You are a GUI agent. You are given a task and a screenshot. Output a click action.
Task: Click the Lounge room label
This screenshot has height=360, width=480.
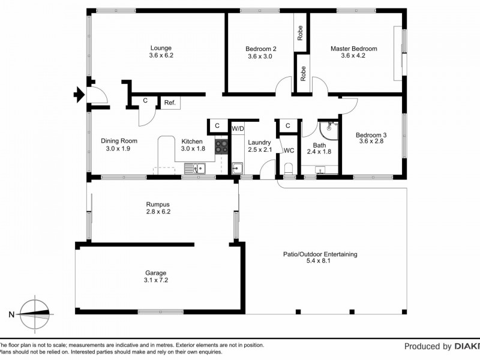click(160, 48)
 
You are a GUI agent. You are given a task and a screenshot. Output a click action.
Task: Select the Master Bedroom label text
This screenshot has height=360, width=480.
click(353, 49)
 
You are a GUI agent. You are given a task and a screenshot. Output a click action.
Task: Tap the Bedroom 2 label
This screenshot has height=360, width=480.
click(260, 49)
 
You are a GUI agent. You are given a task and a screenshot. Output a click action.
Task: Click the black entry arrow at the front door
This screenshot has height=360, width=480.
click(79, 94)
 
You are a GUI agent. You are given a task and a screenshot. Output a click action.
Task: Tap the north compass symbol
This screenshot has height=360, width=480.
click(35, 314)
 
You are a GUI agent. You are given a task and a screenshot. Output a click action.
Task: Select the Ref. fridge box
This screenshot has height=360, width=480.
click(170, 103)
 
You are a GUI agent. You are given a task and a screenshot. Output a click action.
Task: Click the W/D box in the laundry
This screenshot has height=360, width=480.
click(238, 128)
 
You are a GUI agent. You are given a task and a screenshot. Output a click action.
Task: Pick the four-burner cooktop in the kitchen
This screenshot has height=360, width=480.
click(221, 146)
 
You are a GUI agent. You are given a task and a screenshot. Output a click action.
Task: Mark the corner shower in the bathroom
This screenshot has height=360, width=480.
click(329, 128)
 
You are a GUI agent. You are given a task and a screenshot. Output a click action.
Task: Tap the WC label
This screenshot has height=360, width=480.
click(288, 150)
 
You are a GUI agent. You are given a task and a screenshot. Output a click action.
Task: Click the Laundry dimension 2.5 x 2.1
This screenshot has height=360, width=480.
click(260, 149)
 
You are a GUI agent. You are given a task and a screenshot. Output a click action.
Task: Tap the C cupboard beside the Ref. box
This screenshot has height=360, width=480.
click(145, 101)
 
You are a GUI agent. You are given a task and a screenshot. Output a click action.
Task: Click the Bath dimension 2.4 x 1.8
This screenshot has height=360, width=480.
click(319, 152)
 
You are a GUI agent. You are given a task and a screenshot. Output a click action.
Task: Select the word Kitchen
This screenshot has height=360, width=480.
click(193, 141)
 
